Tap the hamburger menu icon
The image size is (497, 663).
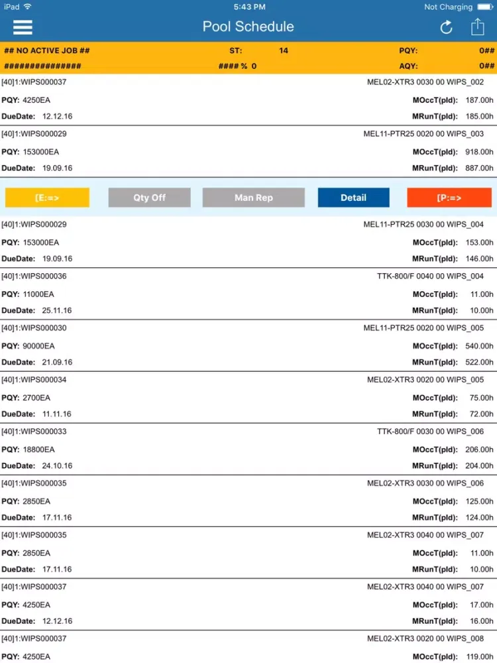point(23,27)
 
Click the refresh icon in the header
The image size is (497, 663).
point(446,27)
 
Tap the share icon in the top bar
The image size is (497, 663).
point(477,27)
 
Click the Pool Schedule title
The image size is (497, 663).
point(248,27)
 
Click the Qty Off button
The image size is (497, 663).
point(149,198)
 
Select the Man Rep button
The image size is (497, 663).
point(253,198)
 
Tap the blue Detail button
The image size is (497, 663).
point(353,198)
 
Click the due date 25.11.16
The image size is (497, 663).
point(57,310)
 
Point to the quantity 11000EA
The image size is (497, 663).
point(38,294)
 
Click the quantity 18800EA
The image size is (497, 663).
point(38,450)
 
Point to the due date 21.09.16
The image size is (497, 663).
point(57,362)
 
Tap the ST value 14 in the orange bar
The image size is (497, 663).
point(284,50)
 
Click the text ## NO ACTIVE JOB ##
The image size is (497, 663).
point(47,50)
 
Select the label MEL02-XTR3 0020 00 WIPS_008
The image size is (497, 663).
point(425,638)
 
